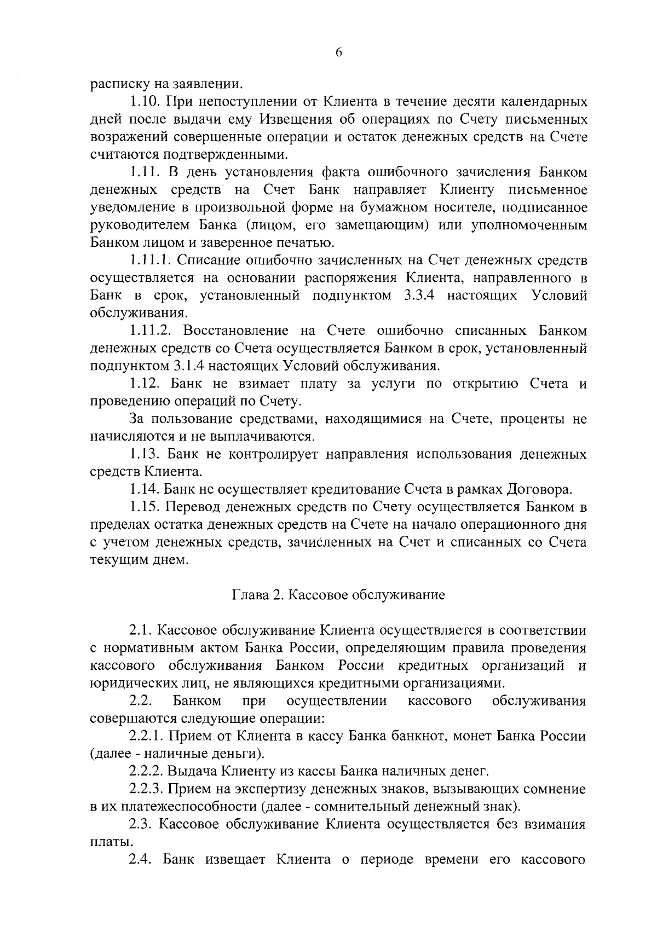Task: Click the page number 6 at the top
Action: point(338,53)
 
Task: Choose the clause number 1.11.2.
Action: point(151,331)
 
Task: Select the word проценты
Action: point(526,419)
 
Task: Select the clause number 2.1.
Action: point(141,630)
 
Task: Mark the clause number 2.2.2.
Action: point(147,772)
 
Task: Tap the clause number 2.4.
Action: point(141,860)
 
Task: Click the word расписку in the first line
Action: point(113,85)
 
